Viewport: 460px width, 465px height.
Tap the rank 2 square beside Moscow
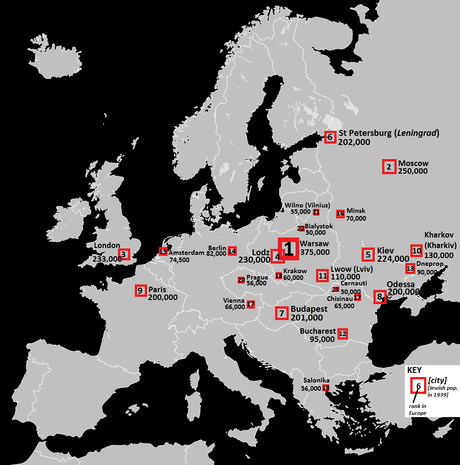click(388, 167)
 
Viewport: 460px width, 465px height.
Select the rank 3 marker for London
click(123, 254)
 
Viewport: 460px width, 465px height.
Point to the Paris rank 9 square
click(140, 290)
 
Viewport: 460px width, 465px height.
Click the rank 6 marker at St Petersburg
click(330, 137)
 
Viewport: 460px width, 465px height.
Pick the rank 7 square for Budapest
click(282, 313)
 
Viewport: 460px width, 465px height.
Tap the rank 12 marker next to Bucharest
click(342, 334)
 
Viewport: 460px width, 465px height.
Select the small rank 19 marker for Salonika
click(326, 388)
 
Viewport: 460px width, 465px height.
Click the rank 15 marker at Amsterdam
click(163, 251)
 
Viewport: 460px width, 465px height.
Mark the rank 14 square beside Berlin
click(232, 251)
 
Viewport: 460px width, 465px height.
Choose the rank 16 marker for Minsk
click(340, 214)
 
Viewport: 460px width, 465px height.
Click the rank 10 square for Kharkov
click(416, 250)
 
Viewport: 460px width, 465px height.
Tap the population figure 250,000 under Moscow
click(413, 171)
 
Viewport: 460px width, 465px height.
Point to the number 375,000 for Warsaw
click(315, 252)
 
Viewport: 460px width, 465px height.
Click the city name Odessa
click(400, 284)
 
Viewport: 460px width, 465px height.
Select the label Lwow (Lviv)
click(352, 269)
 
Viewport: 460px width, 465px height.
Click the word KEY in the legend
click(414, 370)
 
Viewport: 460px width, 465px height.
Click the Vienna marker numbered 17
click(251, 304)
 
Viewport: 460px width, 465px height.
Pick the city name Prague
click(257, 277)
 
